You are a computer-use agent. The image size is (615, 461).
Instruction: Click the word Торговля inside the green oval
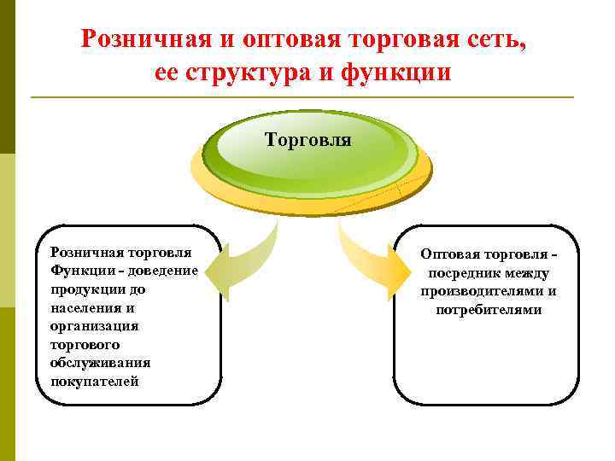[307, 139]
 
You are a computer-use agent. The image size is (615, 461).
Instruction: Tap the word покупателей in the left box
[94, 381]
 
